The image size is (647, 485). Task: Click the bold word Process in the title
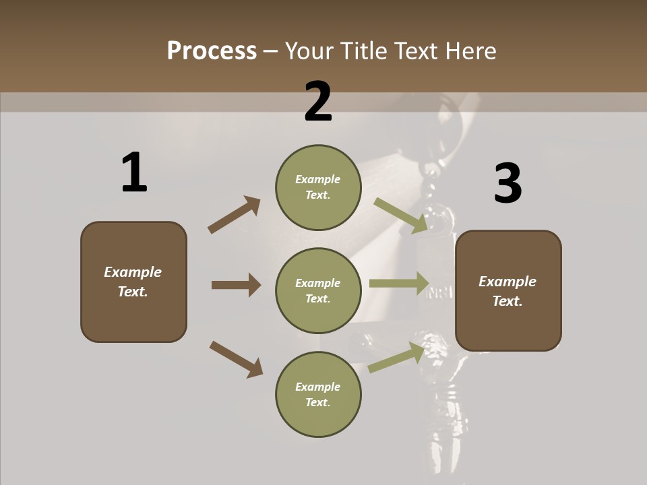(x=212, y=51)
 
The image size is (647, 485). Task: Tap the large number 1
(x=134, y=172)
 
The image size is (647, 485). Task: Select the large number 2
(x=318, y=102)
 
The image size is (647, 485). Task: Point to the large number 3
(x=508, y=184)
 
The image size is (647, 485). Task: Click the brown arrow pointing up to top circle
(x=235, y=214)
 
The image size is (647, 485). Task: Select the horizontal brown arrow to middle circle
(x=236, y=285)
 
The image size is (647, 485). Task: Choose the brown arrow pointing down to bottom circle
(x=236, y=358)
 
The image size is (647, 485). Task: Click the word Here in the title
(x=471, y=51)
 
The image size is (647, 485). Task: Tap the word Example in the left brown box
(x=133, y=272)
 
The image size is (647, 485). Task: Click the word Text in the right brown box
(x=506, y=301)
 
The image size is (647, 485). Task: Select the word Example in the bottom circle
(x=317, y=387)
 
